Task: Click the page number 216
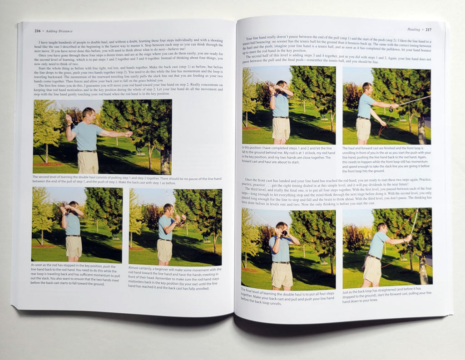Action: pyautogui.click(x=37, y=31)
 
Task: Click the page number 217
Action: pyautogui.click(x=428, y=30)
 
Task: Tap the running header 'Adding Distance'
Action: pyautogui.click(x=59, y=31)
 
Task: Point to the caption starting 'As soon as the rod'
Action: pyautogui.click(x=75, y=274)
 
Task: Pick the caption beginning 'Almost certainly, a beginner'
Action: pyautogui.click(x=175, y=278)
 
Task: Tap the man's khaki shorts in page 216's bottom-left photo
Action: pyautogui.click(x=74, y=246)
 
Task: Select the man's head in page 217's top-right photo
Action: pyautogui.click(x=367, y=87)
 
